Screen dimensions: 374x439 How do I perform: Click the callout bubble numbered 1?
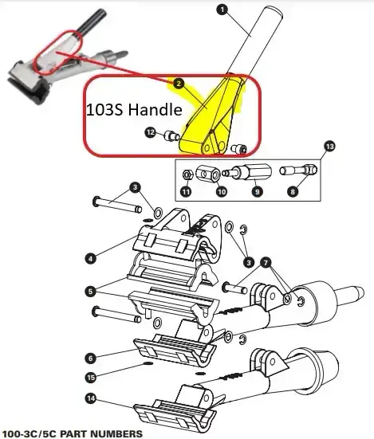click(x=222, y=10)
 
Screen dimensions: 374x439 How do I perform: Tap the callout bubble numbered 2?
click(x=179, y=84)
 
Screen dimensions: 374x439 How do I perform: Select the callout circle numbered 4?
click(x=90, y=258)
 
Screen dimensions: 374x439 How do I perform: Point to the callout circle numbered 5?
click(x=90, y=292)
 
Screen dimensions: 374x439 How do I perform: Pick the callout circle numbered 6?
click(x=90, y=358)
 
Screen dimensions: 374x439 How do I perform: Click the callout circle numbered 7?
click(x=266, y=263)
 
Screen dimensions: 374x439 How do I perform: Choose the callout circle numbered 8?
click(x=293, y=191)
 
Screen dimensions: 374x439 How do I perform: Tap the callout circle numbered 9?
click(x=257, y=191)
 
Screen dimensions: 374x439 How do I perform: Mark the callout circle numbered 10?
click(x=222, y=191)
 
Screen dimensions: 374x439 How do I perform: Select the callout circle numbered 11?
click(x=186, y=191)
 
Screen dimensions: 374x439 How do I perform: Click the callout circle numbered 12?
click(x=151, y=132)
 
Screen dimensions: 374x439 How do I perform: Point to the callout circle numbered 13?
click(x=329, y=147)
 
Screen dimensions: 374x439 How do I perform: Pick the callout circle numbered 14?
click(x=90, y=398)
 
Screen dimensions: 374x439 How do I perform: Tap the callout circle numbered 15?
click(x=90, y=378)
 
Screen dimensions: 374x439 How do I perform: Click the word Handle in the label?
click(x=155, y=109)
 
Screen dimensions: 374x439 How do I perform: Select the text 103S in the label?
click(x=104, y=109)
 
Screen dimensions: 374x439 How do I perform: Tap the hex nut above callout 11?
click(x=187, y=175)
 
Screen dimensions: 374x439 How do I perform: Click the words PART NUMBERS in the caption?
click(x=101, y=434)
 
